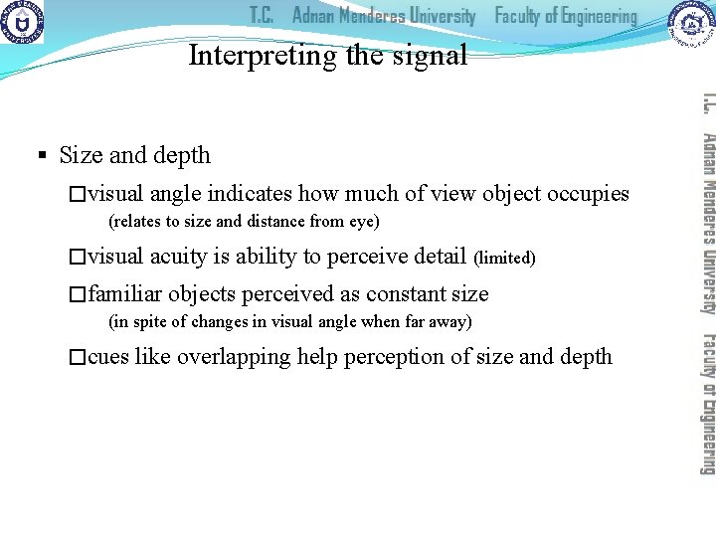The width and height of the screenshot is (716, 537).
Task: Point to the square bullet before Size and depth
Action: [x=42, y=155]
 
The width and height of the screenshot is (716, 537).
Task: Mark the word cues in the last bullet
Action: [x=108, y=356]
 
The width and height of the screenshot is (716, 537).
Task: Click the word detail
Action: [x=438, y=256]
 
